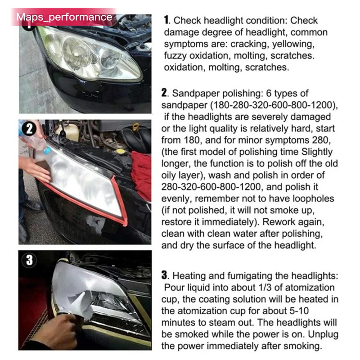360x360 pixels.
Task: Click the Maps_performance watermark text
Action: pos(64,17)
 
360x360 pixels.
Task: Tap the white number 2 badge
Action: pos(29,129)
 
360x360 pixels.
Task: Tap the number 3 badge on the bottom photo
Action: pos(29,261)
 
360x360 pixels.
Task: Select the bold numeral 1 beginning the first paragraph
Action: pos(166,20)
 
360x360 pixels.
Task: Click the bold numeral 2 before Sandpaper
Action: pos(164,93)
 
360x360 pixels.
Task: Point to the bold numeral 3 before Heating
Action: pos(164,275)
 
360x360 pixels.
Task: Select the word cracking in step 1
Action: pos(250,44)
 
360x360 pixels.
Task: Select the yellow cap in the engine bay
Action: pos(120,151)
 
